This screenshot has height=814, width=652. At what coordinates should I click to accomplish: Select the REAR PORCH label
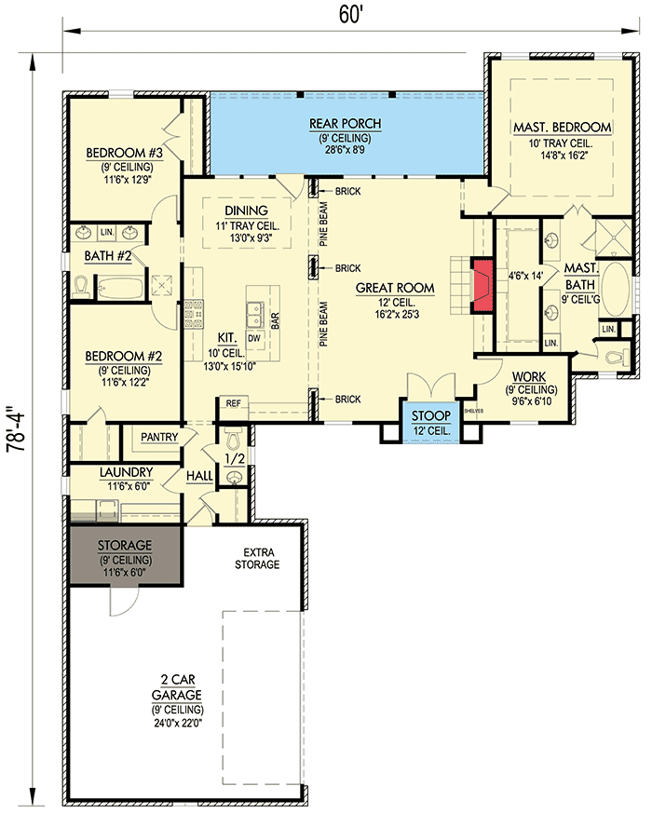pyautogui.click(x=345, y=124)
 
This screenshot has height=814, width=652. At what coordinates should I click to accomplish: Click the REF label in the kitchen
pyautogui.click(x=234, y=403)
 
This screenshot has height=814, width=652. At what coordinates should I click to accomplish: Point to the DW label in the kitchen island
pyautogui.click(x=253, y=338)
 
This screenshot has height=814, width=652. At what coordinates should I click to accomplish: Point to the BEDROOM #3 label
pyautogui.click(x=125, y=153)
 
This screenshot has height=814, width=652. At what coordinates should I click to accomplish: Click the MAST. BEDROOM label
pyautogui.click(x=562, y=128)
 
